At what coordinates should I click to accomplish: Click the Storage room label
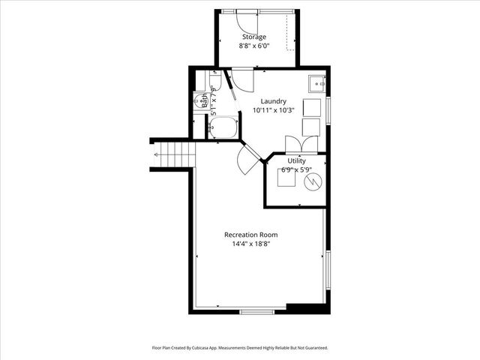click(x=253, y=37)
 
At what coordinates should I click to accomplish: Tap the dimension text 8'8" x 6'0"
click(x=253, y=46)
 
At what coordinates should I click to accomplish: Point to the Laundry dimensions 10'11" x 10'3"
click(x=273, y=110)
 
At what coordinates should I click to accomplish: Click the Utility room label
click(x=295, y=161)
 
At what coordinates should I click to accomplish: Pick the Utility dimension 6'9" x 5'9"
click(x=295, y=170)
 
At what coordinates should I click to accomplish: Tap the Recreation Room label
click(x=256, y=235)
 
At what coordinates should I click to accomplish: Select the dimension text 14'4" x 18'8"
click(x=256, y=244)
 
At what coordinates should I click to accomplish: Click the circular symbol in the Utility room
click(x=312, y=182)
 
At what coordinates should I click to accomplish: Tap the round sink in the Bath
click(x=199, y=98)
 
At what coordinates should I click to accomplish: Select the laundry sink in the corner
click(x=316, y=82)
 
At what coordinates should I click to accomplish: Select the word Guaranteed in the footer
click(x=313, y=348)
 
